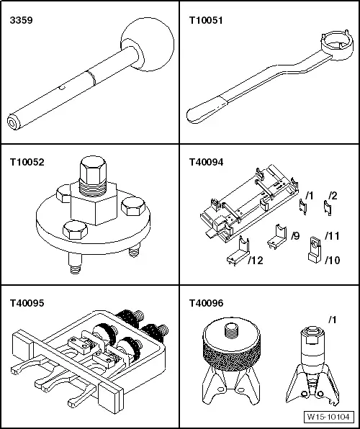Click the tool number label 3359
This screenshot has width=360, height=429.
[x=21, y=20]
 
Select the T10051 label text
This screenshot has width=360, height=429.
[x=206, y=20]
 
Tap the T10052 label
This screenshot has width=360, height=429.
[x=27, y=162]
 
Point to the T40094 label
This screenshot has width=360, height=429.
[x=206, y=162]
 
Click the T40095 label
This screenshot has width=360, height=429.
[x=27, y=303]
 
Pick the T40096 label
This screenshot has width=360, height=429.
[x=206, y=303]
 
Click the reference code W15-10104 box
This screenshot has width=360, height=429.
[x=328, y=417]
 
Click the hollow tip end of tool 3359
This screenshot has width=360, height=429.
[x=13, y=122]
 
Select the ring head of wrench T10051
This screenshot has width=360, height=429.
[x=334, y=42]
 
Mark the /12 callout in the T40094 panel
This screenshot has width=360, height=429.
[x=256, y=261]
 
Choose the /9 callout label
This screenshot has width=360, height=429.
[x=295, y=236]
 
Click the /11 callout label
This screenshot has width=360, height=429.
[x=332, y=236]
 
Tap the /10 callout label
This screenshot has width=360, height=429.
[x=333, y=260]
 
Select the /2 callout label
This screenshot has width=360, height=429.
[x=333, y=196]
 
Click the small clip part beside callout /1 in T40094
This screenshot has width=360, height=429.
[x=303, y=207]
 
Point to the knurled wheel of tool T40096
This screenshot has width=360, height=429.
[x=231, y=353]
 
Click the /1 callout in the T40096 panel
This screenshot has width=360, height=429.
[x=332, y=320]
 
